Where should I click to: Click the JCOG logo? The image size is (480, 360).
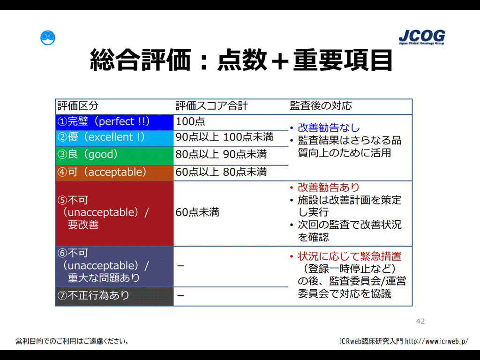[x=422, y=37]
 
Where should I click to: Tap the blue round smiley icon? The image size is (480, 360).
[x=48, y=38]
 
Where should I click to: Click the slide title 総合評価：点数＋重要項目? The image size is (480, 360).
[x=241, y=60]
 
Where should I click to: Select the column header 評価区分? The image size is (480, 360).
[x=78, y=105]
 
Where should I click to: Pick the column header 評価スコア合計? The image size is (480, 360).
[x=211, y=105]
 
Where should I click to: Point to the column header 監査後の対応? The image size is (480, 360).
[x=321, y=105]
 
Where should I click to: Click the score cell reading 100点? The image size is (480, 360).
[x=190, y=121]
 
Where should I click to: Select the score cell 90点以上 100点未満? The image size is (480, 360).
[x=225, y=137]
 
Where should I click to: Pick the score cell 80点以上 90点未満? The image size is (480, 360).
[x=221, y=154]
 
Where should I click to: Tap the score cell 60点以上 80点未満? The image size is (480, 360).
[x=221, y=172]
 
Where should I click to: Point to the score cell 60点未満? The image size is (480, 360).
[x=197, y=212]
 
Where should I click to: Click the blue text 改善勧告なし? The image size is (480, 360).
[x=329, y=127]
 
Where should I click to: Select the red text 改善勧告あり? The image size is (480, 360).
[x=329, y=187]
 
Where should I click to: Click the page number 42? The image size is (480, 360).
[x=420, y=321]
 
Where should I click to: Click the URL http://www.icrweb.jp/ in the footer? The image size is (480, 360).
[x=436, y=341]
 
